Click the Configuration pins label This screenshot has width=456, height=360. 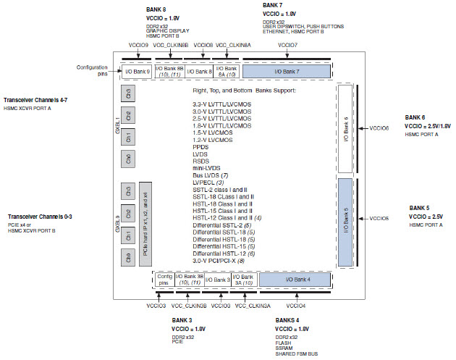tap(93, 70)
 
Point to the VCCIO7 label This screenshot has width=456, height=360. tap(287, 45)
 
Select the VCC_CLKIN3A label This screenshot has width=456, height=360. tap(251, 306)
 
